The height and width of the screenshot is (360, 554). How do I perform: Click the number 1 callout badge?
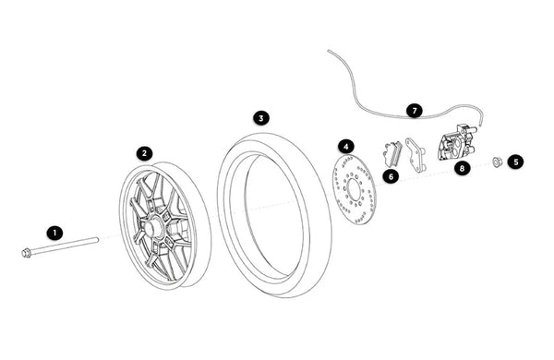click(54, 233)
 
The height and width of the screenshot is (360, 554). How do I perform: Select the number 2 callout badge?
click(144, 153)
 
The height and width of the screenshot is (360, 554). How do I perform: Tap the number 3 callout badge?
click(261, 118)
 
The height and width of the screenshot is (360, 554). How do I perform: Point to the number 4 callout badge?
click(346, 146)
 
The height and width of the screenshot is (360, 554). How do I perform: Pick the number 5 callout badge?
click(516, 162)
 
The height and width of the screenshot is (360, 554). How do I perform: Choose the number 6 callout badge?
click(391, 176)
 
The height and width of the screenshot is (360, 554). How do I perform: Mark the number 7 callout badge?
click(414, 111)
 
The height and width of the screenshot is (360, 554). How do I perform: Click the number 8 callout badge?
click(463, 168)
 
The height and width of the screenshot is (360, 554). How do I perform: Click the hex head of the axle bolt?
click(26, 253)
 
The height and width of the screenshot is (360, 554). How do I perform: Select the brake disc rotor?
click(355, 189)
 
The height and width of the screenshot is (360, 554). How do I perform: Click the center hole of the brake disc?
click(354, 190)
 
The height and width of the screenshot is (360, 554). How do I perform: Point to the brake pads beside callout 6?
click(392, 153)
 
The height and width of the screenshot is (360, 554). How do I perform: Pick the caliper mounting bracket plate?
click(415, 155)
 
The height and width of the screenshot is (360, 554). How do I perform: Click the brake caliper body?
click(456, 142)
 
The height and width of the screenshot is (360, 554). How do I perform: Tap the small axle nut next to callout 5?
click(498, 162)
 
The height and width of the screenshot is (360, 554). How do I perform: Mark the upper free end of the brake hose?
click(329, 51)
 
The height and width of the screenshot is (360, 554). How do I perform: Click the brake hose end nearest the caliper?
click(480, 125)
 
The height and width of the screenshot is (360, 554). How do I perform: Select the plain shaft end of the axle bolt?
click(96, 240)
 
